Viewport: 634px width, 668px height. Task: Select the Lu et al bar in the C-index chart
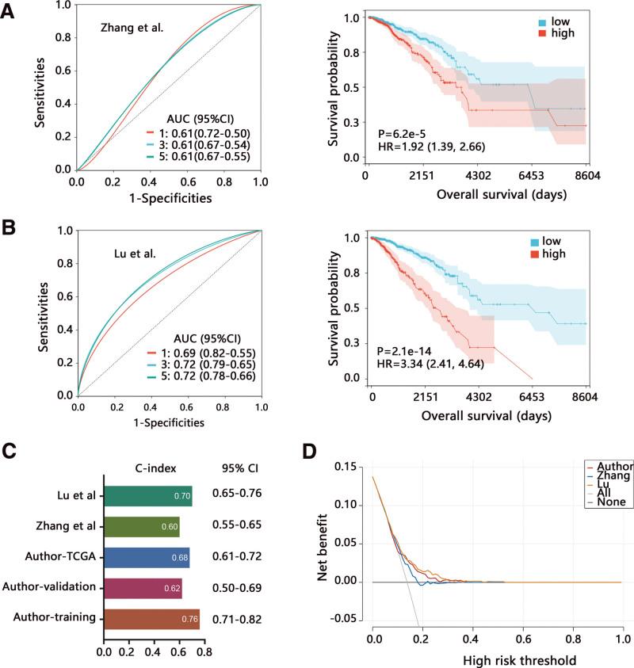click(147, 496)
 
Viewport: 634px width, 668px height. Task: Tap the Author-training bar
click(151, 619)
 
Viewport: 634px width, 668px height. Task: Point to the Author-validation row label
click(50, 589)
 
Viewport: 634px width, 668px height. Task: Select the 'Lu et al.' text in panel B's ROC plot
click(128, 256)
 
